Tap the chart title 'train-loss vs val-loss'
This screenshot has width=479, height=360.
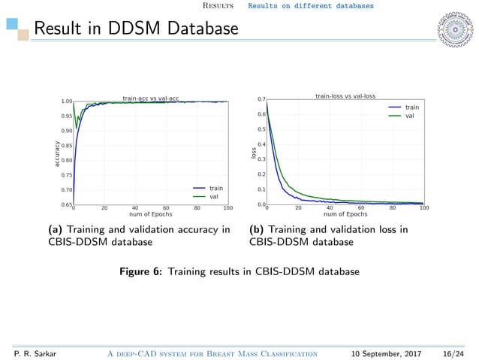345,96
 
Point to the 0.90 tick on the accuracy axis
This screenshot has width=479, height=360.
67,131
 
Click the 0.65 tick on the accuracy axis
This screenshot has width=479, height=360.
67,204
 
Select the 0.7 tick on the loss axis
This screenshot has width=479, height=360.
261,99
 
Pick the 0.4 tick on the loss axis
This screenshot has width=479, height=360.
261,144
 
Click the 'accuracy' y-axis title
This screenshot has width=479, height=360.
56,153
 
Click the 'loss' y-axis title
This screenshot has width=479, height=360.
253,153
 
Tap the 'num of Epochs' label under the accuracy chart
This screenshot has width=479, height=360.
150,214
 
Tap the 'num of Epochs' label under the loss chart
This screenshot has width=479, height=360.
345,214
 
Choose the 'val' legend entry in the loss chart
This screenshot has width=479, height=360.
409,116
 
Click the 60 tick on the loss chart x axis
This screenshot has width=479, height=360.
361,207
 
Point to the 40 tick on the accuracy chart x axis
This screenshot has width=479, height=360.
135,207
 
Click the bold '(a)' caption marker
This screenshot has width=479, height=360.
56,229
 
